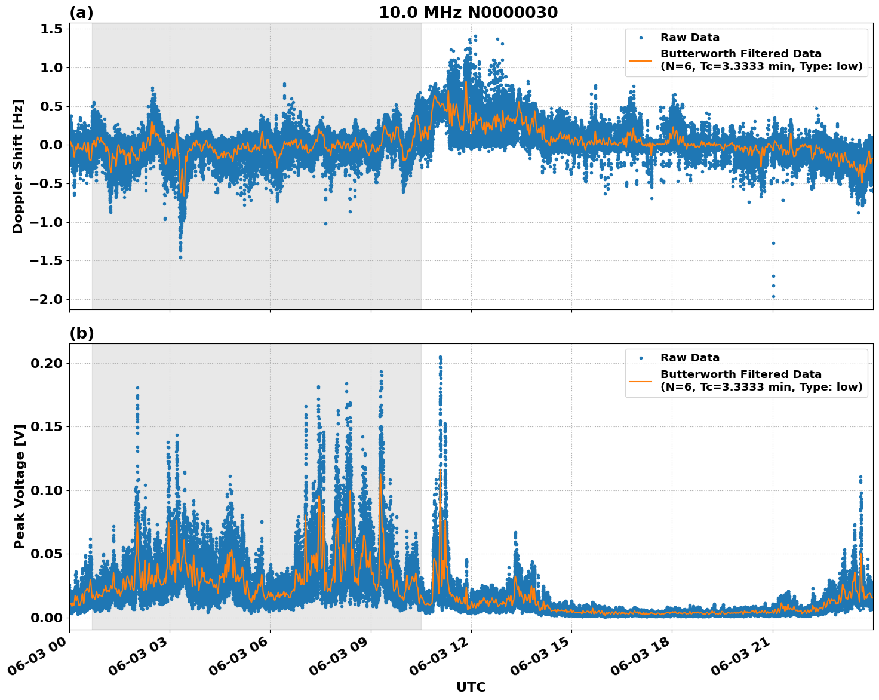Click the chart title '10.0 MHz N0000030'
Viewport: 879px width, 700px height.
(x=468, y=13)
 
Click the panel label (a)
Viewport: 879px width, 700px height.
(x=81, y=13)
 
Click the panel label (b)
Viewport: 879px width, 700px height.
(x=81, y=333)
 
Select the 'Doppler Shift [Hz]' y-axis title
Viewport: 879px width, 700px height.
(x=18, y=166)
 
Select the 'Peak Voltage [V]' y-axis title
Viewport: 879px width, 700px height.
(x=20, y=499)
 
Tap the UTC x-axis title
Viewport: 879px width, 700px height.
(x=471, y=687)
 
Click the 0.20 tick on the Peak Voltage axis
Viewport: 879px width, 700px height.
(x=47, y=363)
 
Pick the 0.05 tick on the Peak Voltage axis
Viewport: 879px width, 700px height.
(x=47, y=554)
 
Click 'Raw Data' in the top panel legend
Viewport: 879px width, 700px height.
(x=690, y=38)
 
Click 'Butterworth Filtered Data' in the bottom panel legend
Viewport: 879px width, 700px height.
(x=740, y=374)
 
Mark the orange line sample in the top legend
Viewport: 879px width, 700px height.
(x=640, y=60)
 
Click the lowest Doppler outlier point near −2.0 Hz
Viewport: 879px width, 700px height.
(x=773, y=296)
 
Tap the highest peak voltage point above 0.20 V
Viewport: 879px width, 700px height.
(x=440, y=357)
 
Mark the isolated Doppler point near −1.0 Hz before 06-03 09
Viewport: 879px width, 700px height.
(x=325, y=223)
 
